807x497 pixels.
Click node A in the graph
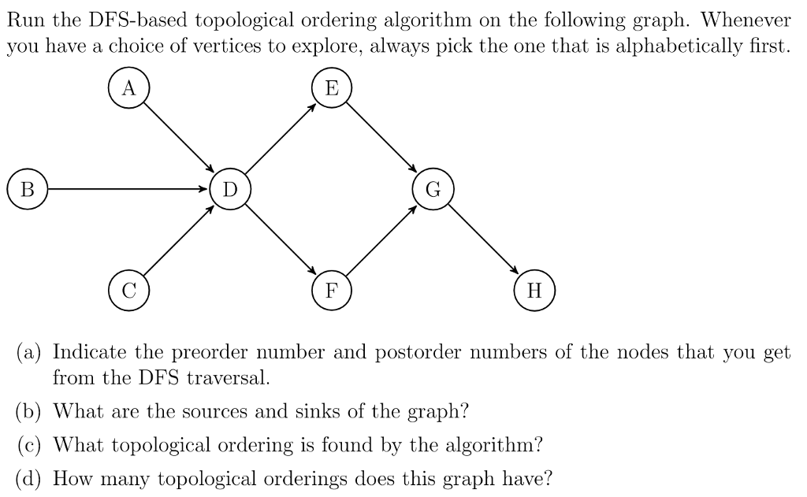coord(128,88)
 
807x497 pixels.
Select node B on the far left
coord(28,189)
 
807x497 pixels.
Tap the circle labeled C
coord(128,291)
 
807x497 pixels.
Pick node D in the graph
coord(230,189)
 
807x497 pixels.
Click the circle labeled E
coord(332,88)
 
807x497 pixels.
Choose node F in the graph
coord(332,291)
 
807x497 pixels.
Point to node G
coord(433,189)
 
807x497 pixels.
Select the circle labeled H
coord(535,291)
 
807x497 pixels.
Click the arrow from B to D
coord(128,189)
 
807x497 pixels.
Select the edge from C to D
coord(179,240)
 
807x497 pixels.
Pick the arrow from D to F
coord(281,240)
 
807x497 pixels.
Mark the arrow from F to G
coord(382,240)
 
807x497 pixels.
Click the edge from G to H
coord(483,240)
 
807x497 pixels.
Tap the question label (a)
coord(29,352)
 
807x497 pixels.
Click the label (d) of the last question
coord(29,478)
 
